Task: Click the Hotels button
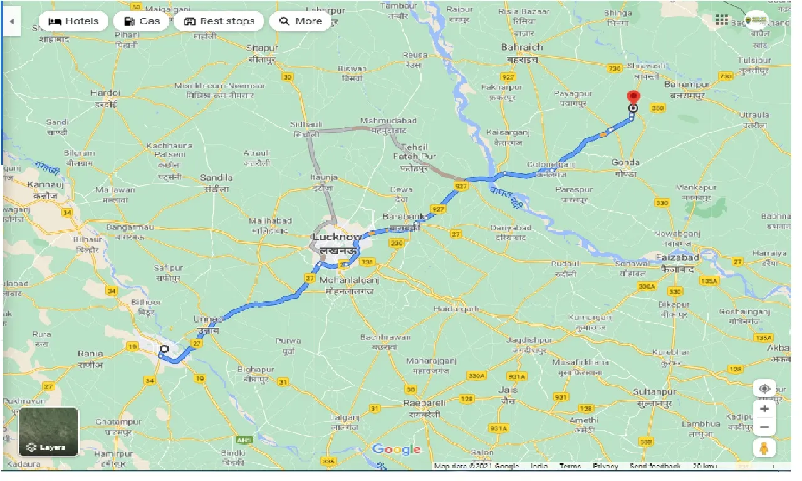pyautogui.click(x=73, y=21)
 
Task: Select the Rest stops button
pyautogui.click(x=219, y=21)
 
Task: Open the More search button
pyautogui.click(x=300, y=21)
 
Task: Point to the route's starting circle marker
pyautogui.click(x=164, y=349)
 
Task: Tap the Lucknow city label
pyautogui.click(x=337, y=238)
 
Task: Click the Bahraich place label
pyautogui.click(x=522, y=48)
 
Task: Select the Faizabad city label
pyautogui.click(x=677, y=257)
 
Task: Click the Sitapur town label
pyautogui.click(x=262, y=48)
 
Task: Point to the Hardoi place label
pyautogui.click(x=105, y=93)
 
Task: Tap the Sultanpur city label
pyautogui.click(x=652, y=392)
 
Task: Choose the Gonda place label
pyautogui.click(x=625, y=163)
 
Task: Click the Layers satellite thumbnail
pyautogui.click(x=49, y=432)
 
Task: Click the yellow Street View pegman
pyautogui.click(x=764, y=448)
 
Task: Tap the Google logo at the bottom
pyautogui.click(x=396, y=449)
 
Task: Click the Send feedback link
pyautogui.click(x=655, y=466)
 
